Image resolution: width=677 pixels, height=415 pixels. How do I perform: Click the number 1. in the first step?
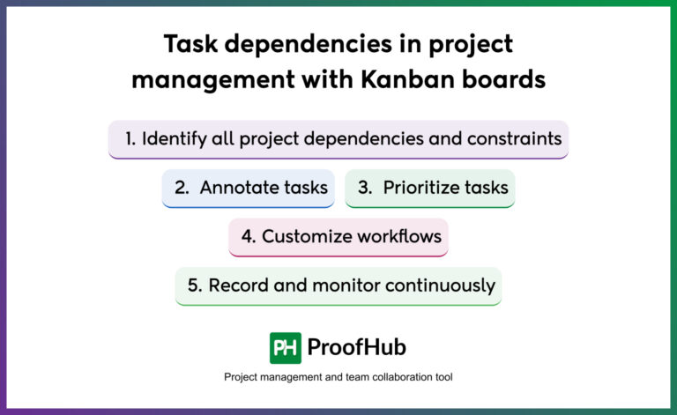[x=130, y=138]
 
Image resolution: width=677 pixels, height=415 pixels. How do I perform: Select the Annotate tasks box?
[x=249, y=188]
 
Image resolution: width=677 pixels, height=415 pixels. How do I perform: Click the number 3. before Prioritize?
[x=366, y=188]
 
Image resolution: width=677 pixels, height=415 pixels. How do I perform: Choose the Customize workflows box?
[x=338, y=236]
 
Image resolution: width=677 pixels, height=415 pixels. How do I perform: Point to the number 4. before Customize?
[x=248, y=236]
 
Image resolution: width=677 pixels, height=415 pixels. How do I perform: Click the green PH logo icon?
[x=286, y=347]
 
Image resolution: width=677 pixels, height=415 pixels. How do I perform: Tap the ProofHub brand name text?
[x=356, y=347]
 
